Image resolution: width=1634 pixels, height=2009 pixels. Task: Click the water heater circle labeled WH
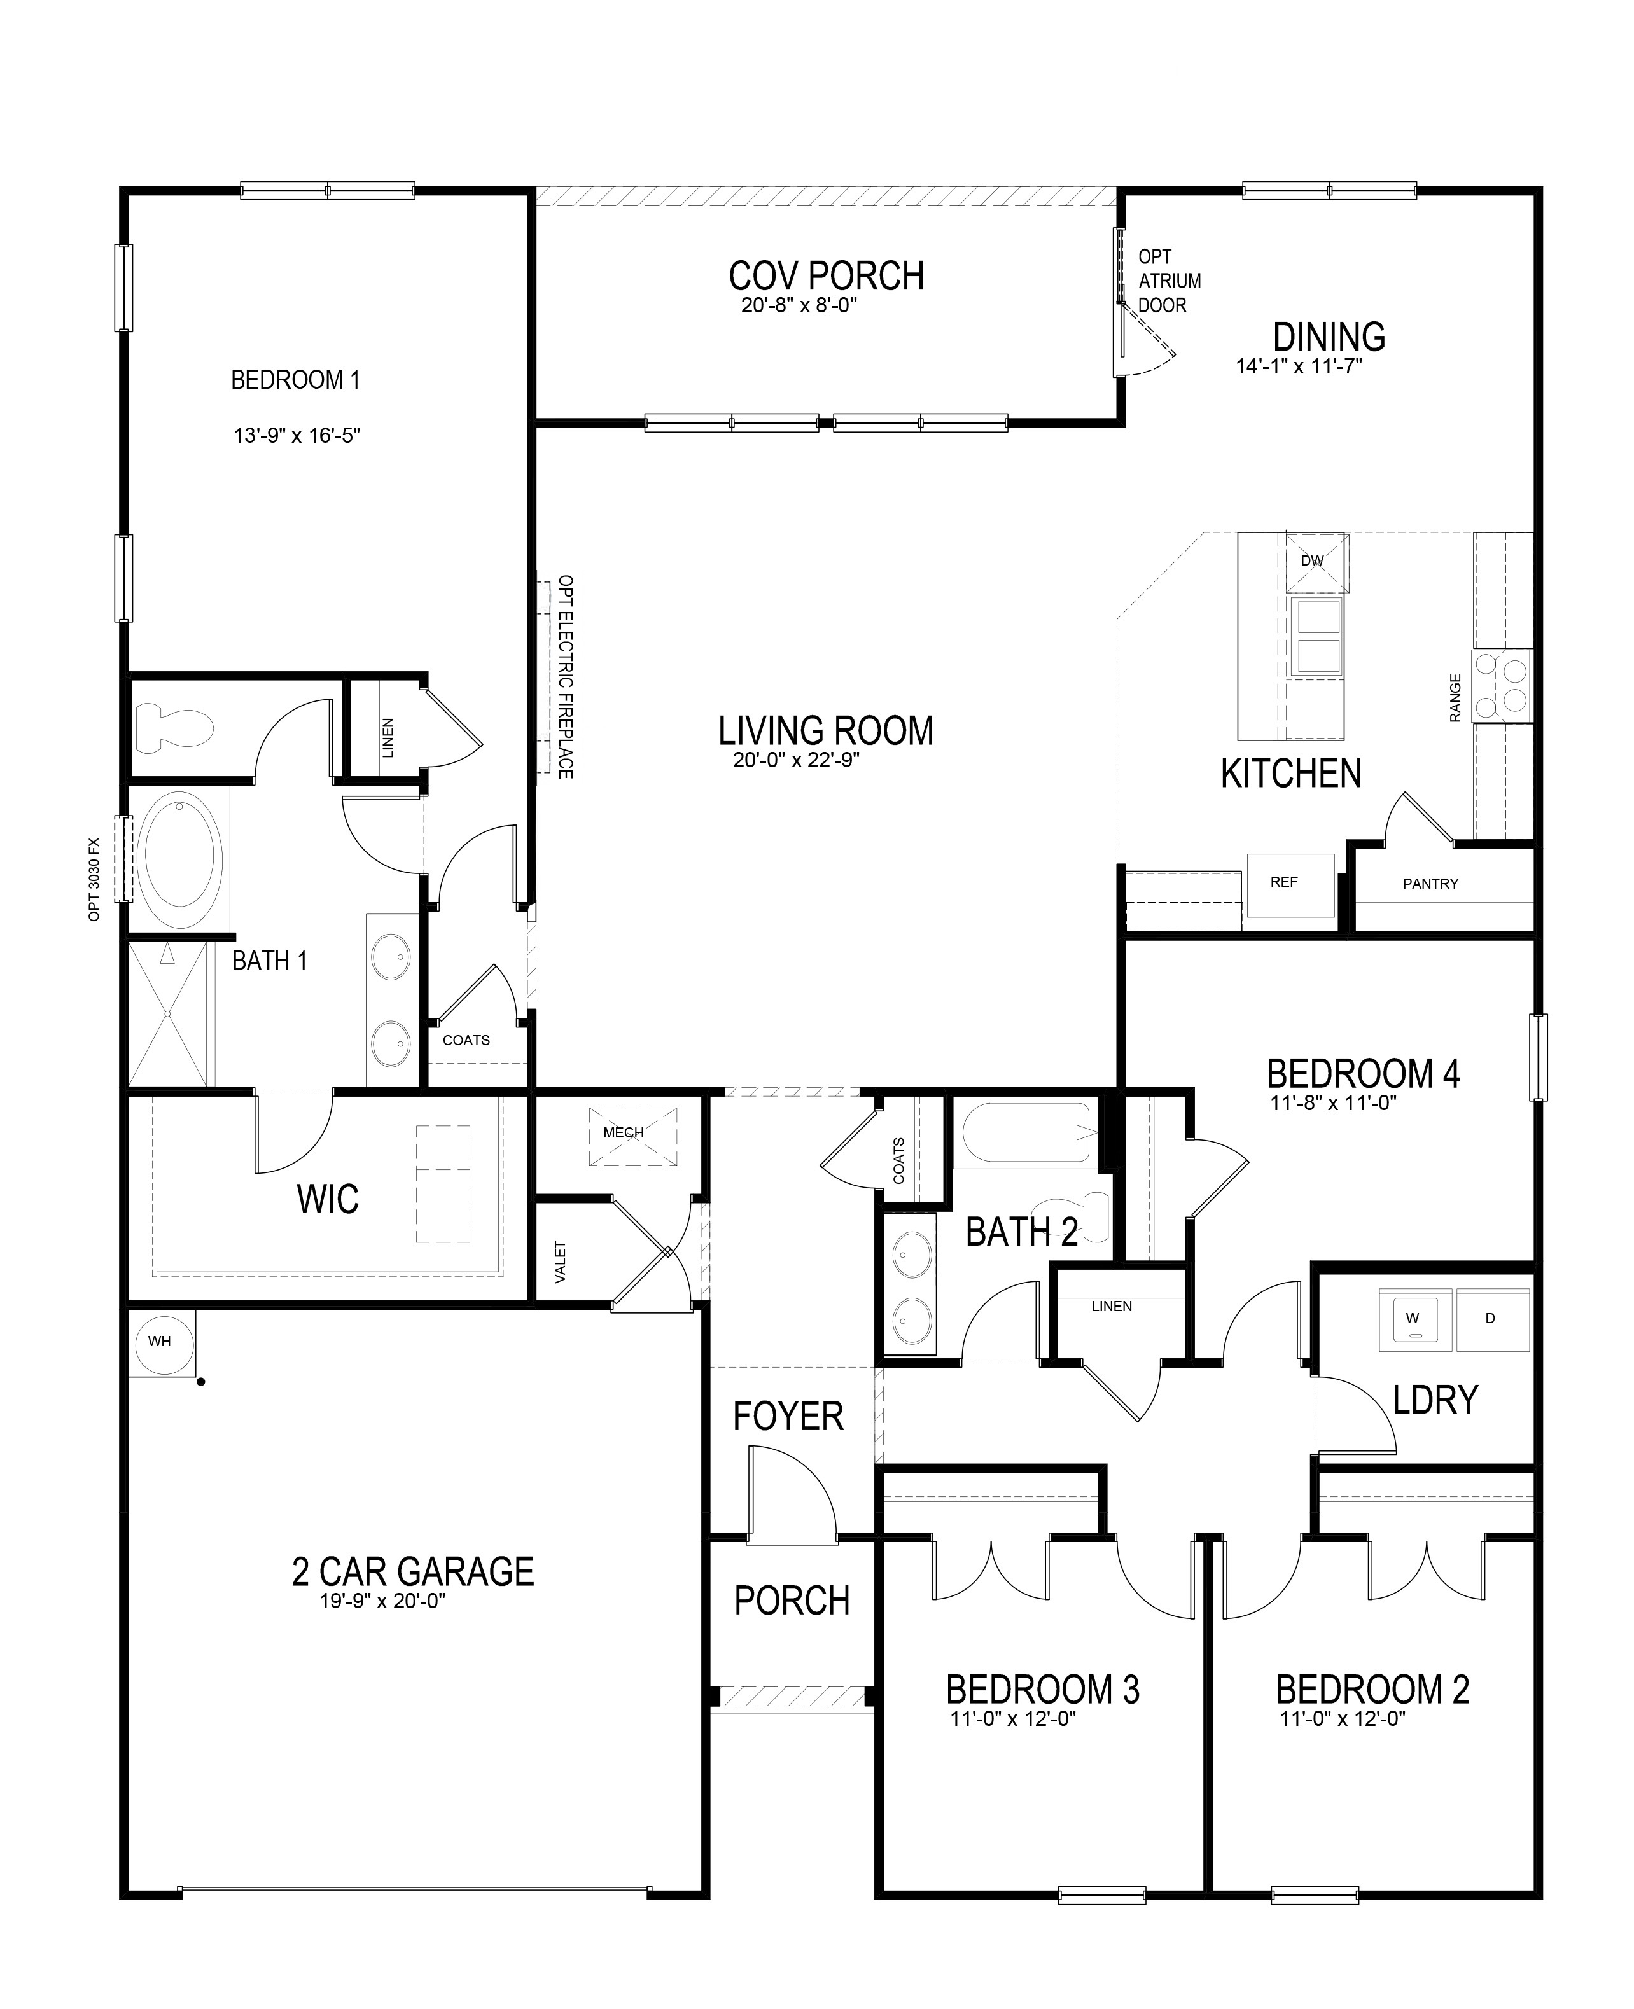tap(159, 1341)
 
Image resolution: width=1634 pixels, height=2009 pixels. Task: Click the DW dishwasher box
tap(1316, 562)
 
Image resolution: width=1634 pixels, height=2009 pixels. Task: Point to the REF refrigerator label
tap(1284, 882)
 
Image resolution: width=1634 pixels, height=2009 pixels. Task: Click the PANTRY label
tap(1430, 884)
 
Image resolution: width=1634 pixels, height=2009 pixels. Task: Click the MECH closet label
tap(623, 1132)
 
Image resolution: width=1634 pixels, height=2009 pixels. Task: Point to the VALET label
tap(561, 1262)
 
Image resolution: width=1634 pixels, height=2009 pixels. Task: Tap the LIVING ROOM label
tap(825, 731)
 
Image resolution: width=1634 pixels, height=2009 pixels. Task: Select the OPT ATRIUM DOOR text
tap(1168, 281)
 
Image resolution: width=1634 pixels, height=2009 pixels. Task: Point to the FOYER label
tap(788, 1416)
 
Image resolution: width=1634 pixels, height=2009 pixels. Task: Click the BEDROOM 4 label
tap(1363, 1074)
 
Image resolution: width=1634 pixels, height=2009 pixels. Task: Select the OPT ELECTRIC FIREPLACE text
tap(565, 677)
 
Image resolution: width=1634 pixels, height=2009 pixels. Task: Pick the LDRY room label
tap(1435, 1400)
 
